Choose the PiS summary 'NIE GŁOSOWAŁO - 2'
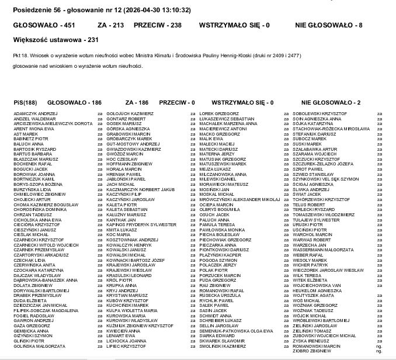(x=329, y=102)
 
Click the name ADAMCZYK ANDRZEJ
(x=36, y=113)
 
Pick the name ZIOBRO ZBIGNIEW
(x=310, y=351)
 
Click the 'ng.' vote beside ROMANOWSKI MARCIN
(x=379, y=346)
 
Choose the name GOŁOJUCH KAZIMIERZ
(x=130, y=113)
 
